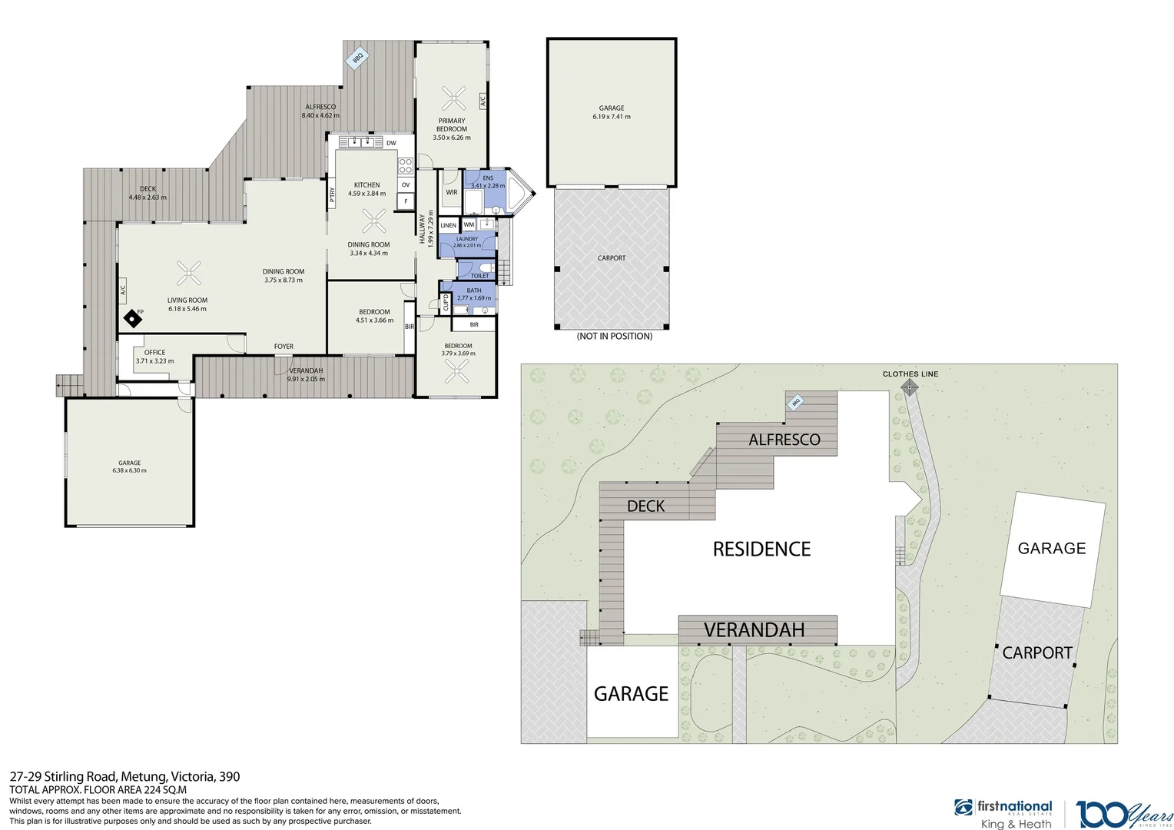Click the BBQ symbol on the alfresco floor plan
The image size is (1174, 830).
[x=357, y=58]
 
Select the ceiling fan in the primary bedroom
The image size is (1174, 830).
[x=453, y=98]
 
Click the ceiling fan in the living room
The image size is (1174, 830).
[x=189, y=273]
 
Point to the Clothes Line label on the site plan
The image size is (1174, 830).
[x=910, y=374]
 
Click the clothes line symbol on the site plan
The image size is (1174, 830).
[x=910, y=388]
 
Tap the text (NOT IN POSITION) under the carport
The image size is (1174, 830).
[x=614, y=337]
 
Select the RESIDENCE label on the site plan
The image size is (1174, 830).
[x=761, y=549]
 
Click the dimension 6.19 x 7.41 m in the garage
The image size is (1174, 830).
[x=612, y=117]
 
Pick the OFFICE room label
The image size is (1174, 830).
[x=154, y=353]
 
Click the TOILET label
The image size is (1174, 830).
[x=479, y=275]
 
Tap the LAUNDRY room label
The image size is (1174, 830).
[x=467, y=239]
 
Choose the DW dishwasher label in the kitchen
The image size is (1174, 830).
[x=391, y=143]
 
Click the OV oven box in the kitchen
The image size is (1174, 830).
[x=406, y=185]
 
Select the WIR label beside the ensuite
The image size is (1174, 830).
[x=452, y=192]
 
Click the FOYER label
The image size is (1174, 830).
[x=284, y=347]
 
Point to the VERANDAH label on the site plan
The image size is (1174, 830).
[x=754, y=630]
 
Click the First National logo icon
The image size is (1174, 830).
[x=963, y=808]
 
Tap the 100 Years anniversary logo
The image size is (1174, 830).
[x=1124, y=814]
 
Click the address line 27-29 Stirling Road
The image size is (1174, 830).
[x=124, y=776]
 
